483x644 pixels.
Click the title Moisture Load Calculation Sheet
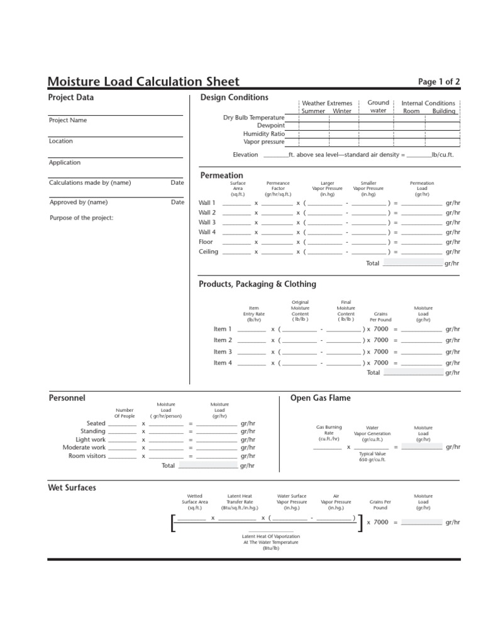143,81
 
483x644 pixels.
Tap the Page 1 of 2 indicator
439,82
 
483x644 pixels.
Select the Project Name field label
68,120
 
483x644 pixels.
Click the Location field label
61,141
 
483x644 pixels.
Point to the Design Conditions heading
234,97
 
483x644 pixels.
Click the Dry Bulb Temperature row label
253,118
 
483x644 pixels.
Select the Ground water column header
378,106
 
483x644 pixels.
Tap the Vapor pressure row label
264,142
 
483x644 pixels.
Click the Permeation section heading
221,175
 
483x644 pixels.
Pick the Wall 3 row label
207,223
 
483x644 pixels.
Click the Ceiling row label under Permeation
208,252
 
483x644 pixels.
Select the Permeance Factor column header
278,189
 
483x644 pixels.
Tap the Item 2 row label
223,340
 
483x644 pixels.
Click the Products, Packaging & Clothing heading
257,284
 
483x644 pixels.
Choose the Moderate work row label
84,448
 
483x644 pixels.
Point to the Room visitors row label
87,456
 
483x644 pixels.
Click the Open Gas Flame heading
320,398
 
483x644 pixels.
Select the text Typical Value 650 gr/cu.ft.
372,457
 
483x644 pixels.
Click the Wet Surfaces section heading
72,487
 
